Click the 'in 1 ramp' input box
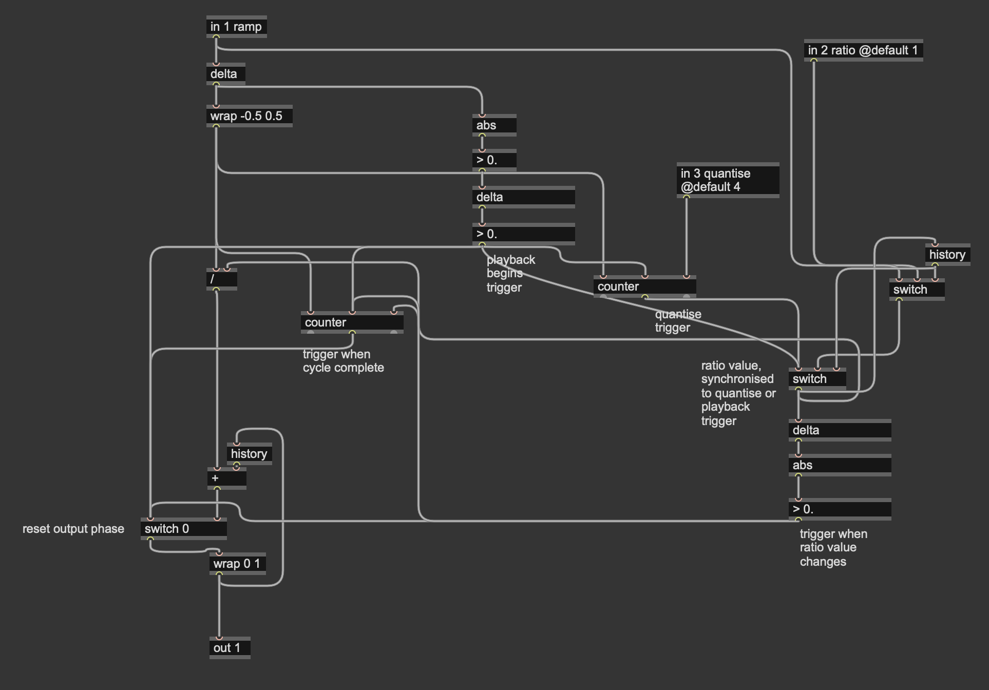click(236, 27)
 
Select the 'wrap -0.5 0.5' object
click(249, 116)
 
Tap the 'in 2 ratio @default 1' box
click(863, 50)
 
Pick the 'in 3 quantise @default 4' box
click(727, 180)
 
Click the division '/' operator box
click(221, 279)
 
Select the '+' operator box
click(226, 478)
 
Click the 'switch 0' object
click(183, 529)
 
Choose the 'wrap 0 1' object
click(237, 564)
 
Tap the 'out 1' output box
click(230, 648)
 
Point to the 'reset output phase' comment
click(73, 529)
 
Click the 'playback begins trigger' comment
click(510, 274)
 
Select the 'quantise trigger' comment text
click(678, 321)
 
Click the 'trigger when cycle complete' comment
click(343, 361)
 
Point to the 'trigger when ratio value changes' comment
click(833, 548)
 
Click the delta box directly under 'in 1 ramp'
click(225, 74)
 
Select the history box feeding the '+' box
click(249, 454)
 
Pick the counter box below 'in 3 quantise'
click(644, 286)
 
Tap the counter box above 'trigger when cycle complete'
click(352, 322)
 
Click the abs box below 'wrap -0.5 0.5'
click(494, 125)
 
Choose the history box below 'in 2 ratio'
click(947, 255)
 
